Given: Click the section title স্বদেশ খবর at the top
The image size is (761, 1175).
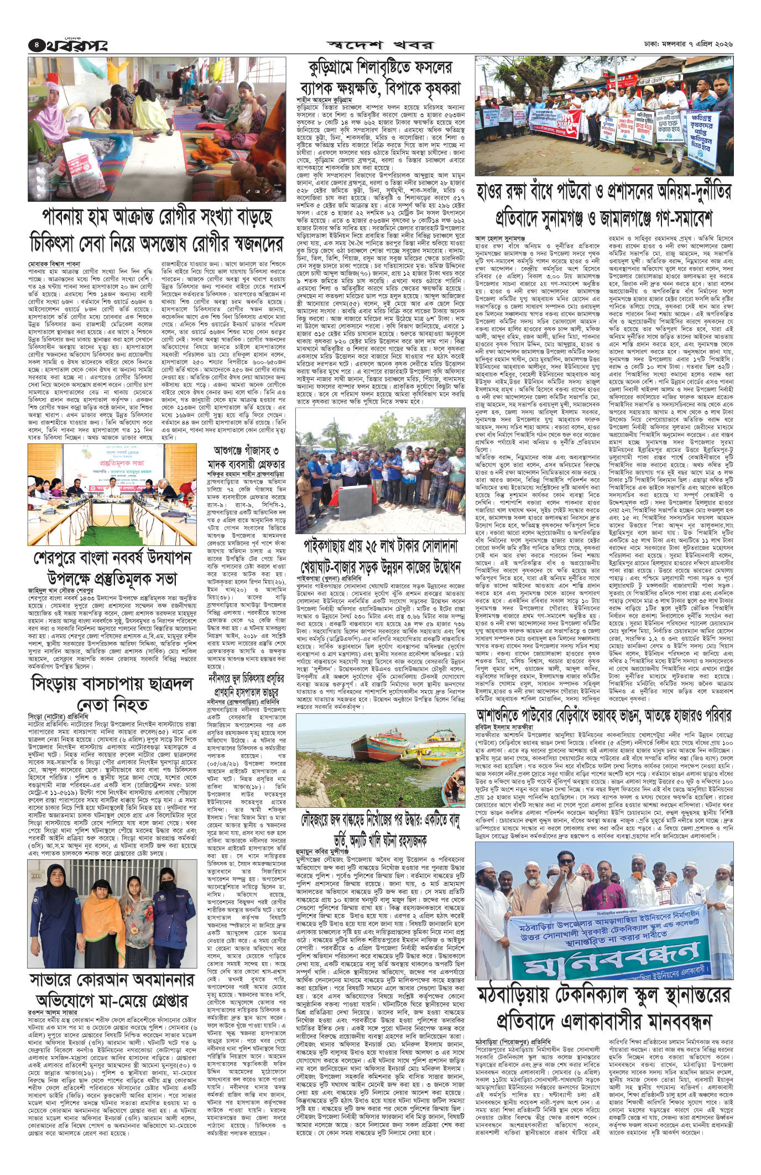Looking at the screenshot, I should pyautogui.click(x=381, y=44).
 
